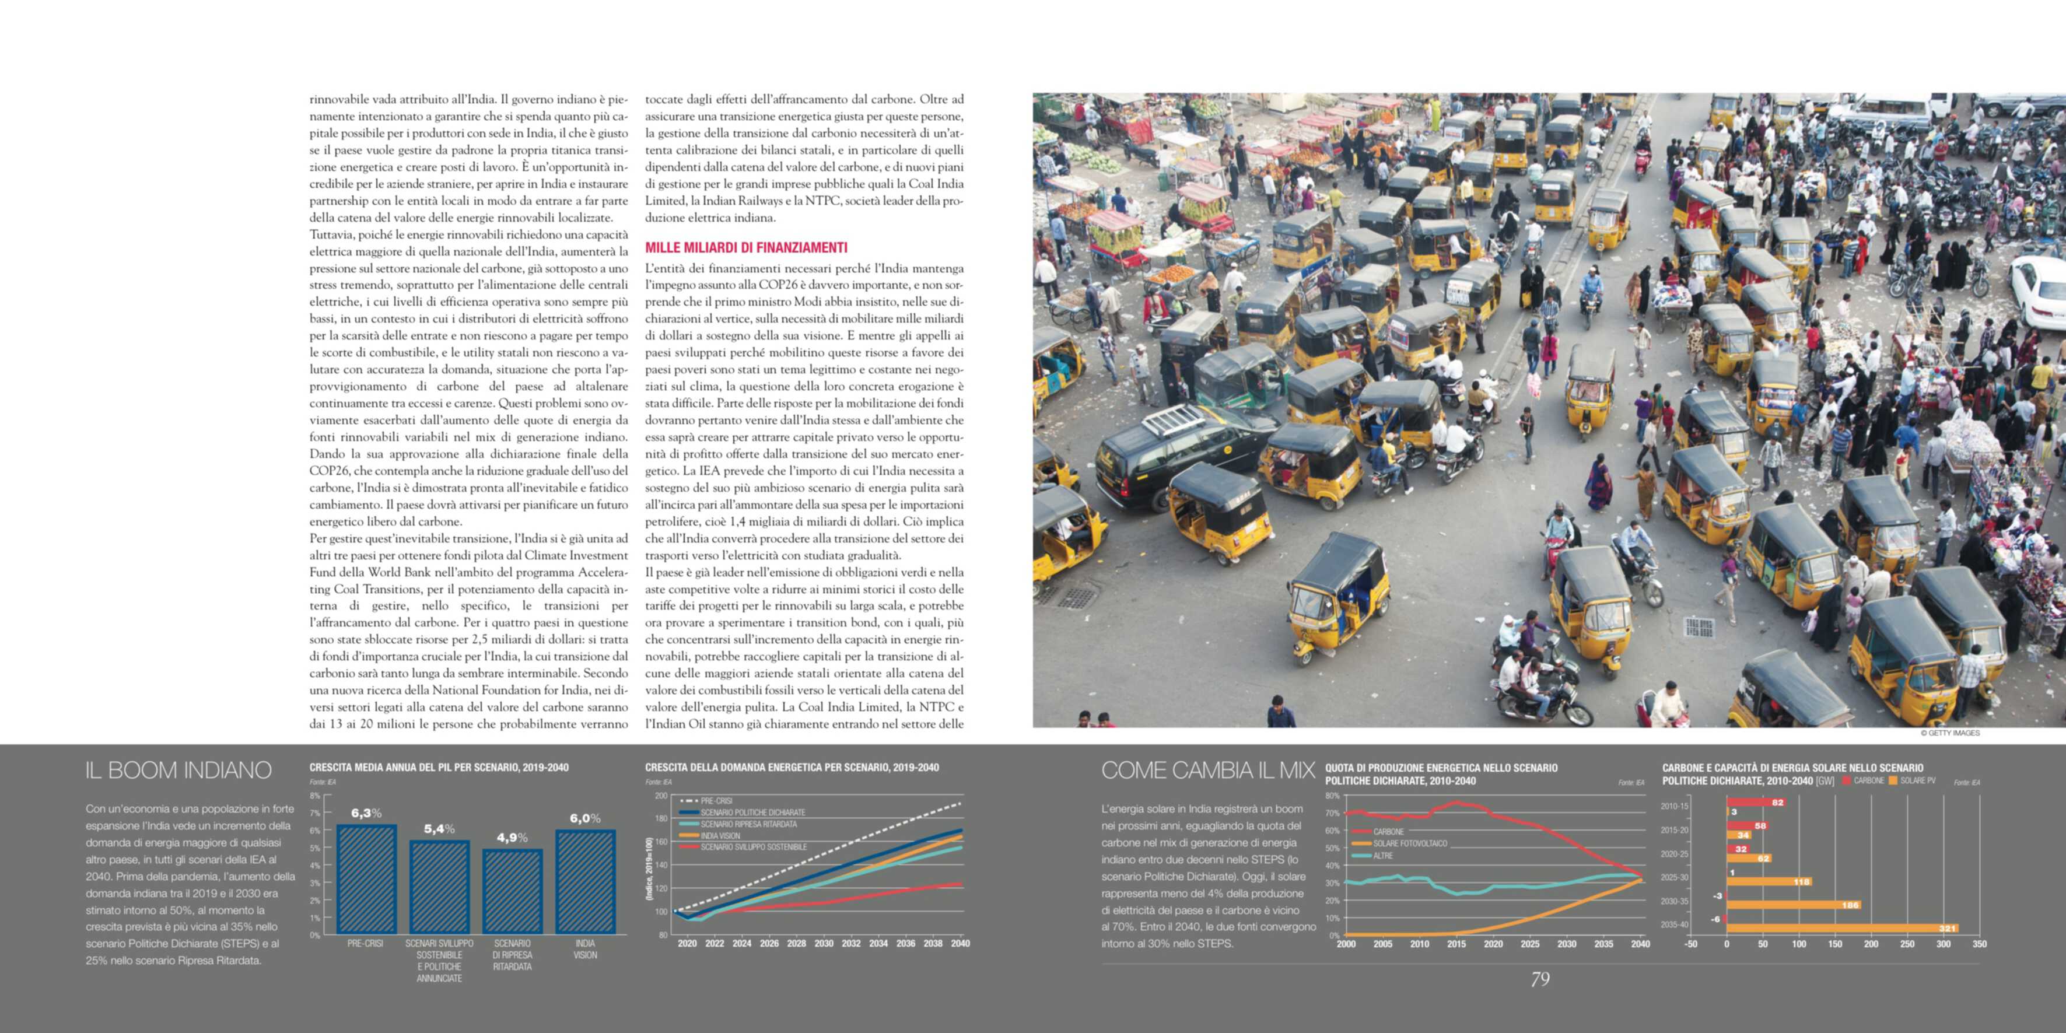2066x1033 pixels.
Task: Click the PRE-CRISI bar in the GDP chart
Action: point(366,879)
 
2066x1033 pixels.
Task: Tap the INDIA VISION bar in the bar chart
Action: point(586,881)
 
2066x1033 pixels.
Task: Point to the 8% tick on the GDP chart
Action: point(315,796)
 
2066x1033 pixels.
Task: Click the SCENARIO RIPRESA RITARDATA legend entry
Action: point(748,824)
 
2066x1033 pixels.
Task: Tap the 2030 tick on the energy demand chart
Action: point(824,943)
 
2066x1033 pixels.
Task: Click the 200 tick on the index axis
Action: point(661,796)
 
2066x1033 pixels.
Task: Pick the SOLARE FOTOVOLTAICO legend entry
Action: point(1409,843)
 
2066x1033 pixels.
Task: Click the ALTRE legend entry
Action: point(1382,856)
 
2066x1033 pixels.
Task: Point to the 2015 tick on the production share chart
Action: point(1456,944)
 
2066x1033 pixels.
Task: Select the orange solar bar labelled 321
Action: point(1842,928)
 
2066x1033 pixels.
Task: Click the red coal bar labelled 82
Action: point(1756,802)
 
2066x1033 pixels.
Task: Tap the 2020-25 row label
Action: point(1675,853)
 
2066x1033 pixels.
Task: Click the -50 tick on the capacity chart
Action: point(1690,944)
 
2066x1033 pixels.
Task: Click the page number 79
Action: point(1540,979)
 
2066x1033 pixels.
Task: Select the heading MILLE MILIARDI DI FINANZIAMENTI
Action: point(746,248)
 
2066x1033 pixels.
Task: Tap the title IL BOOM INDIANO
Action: point(178,770)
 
